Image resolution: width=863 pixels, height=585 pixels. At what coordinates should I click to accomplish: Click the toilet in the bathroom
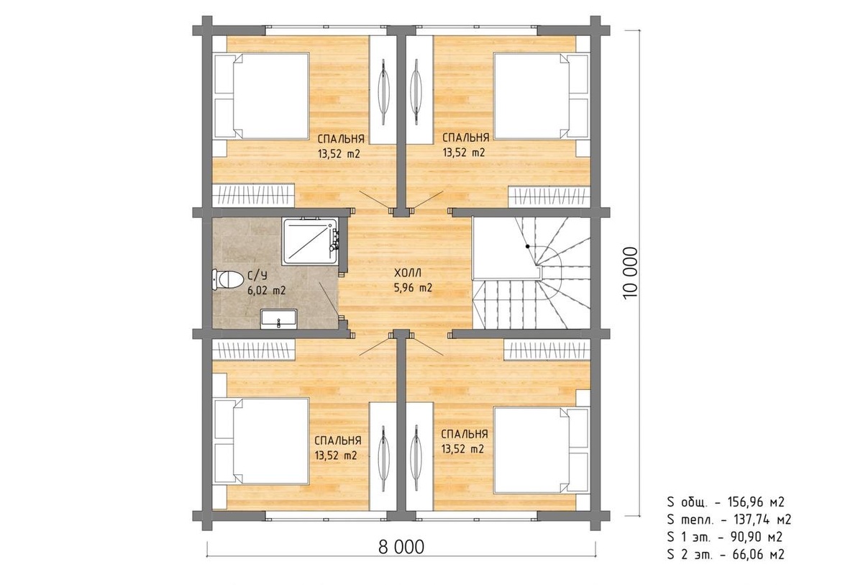227,280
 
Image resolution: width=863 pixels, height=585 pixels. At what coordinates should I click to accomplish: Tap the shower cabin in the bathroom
311,242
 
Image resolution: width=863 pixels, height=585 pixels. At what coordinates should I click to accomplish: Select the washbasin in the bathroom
278,319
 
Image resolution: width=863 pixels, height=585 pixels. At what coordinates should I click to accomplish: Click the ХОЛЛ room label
408,273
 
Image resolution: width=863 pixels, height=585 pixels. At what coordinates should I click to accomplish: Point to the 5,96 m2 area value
413,288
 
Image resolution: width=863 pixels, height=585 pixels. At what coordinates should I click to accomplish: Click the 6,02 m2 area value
267,291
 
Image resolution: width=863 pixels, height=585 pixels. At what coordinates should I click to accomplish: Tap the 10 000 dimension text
630,273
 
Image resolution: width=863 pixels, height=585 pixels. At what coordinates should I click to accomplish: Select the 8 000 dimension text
401,547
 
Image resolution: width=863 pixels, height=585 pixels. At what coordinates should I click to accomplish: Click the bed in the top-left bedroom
262,96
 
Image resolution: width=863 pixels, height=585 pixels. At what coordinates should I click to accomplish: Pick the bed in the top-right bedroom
542,96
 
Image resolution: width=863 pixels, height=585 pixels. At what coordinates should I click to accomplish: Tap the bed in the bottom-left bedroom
262,441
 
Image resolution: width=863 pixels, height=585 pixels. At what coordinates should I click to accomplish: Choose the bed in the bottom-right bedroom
542,450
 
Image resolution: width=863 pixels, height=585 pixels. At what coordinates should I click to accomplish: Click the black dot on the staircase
527,246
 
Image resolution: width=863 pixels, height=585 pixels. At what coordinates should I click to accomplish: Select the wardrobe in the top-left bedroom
253,195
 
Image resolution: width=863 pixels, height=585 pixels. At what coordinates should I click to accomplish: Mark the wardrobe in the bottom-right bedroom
547,350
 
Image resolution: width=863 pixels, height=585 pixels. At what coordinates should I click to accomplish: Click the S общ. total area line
726,502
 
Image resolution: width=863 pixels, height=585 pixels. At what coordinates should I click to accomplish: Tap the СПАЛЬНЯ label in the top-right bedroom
465,137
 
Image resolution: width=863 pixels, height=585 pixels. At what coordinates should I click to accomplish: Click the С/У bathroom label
257,276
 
